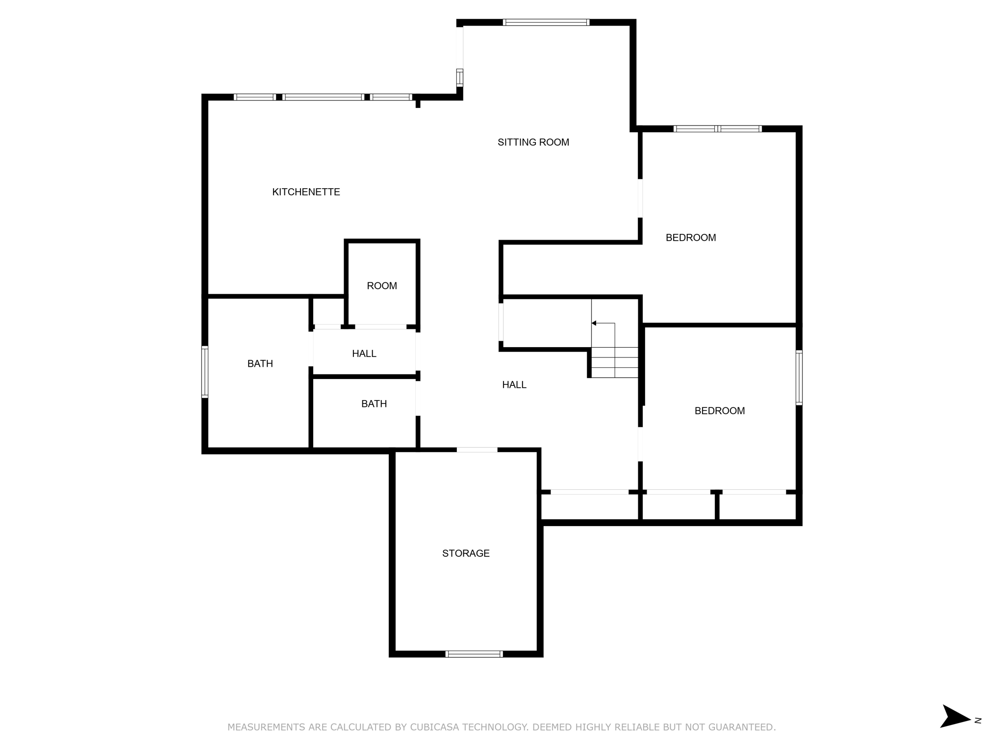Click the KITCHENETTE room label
(x=306, y=192)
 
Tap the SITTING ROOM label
(x=533, y=143)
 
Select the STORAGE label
(x=465, y=553)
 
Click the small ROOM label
(x=381, y=286)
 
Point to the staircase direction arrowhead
(x=594, y=323)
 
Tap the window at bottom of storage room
(x=474, y=653)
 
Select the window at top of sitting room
(x=546, y=23)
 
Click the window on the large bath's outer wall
(x=205, y=372)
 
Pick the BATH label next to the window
(x=260, y=364)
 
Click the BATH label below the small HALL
(x=374, y=404)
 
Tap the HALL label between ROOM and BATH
(x=364, y=354)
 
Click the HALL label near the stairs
(x=514, y=385)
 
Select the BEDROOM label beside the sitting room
(x=690, y=238)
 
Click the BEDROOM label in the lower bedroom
(x=719, y=411)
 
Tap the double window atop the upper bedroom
(x=717, y=129)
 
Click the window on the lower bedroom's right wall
(x=799, y=377)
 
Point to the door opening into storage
(x=477, y=450)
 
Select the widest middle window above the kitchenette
(x=323, y=97)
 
